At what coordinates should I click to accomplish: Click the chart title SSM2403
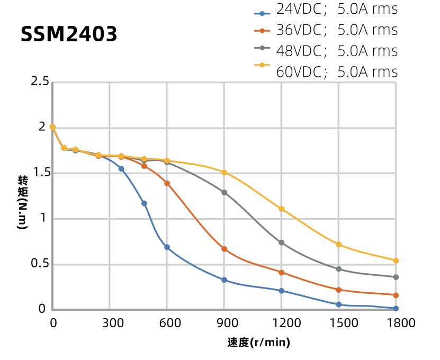coord(69,34)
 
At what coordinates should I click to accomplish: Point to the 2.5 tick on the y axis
coord(40,82)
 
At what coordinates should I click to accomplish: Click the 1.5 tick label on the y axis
coord(40,173)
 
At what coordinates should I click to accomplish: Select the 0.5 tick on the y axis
coord(40,264)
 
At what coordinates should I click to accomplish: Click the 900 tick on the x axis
coord(224,322)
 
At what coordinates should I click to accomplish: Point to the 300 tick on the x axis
coord(110,322)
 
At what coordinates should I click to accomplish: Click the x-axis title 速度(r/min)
coord(259,343)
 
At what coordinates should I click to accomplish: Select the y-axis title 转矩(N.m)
coord(23,202)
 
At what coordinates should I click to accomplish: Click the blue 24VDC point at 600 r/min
coord(167,247)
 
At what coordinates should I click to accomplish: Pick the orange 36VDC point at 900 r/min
coord(224,249)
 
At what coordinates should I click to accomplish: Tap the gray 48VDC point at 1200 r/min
coord(281,242)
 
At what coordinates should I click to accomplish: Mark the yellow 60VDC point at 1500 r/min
coord(338,245)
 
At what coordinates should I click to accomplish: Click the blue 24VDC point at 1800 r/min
coord(396,308)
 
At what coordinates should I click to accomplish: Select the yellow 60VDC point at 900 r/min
coord(224,173)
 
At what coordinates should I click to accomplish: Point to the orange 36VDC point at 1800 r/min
coord(396,295)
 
